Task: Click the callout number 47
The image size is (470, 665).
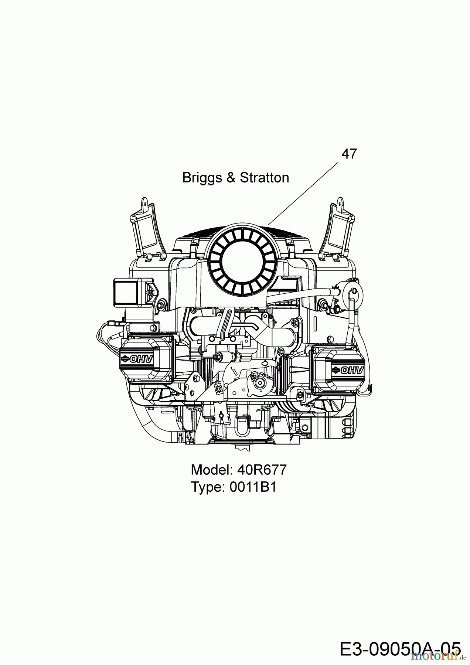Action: [x=349, y=154]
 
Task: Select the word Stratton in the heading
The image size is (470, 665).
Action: [x=265, y=178]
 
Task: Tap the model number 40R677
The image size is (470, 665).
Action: [x=262, y=470]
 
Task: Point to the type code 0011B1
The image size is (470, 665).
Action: [x=253, y=487]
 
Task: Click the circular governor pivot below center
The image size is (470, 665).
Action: [x=260, y=384]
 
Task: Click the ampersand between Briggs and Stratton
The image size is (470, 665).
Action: [x=231, y=178]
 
